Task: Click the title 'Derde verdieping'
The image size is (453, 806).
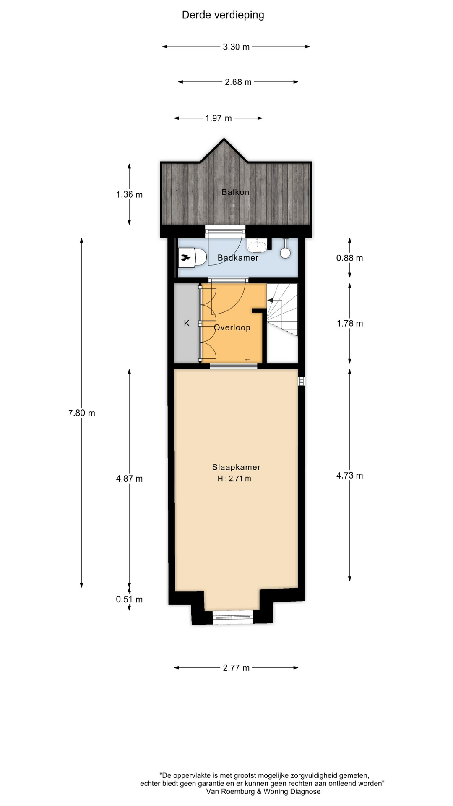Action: click(223, 15)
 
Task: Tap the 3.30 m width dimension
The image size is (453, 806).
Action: click(236, 47)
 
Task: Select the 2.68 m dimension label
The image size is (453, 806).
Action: click(238, 82)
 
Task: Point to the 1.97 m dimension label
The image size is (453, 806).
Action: click(219, 118)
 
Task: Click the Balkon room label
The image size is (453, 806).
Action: click(235, 192)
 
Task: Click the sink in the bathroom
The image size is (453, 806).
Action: click(257, 245)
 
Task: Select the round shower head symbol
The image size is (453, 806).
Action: click(285, 252)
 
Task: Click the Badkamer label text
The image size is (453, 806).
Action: click(238, 258)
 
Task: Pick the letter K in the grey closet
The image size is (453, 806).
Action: click(187, 323)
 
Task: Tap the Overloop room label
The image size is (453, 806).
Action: click(232, 327)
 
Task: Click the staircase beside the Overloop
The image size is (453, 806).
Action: click(282, 309)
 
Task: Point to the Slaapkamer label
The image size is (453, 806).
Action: click(236, 467)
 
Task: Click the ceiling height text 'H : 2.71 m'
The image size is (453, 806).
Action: click(234, 479)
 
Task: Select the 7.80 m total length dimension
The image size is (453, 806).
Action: click(82, 413)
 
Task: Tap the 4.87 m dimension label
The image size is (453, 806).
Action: click(129, 479)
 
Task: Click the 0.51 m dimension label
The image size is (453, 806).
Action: click(129, 599)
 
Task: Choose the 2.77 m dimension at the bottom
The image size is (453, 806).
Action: click(236, 668)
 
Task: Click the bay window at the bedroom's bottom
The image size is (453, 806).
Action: click(233, 617)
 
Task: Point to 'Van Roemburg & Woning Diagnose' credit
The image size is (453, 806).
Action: click(263, 792)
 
